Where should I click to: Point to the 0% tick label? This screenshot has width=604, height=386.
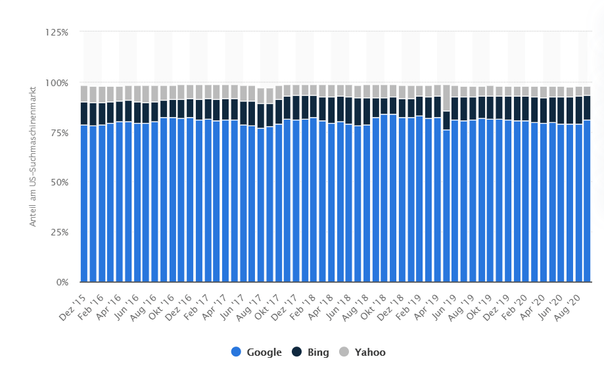[61, 282]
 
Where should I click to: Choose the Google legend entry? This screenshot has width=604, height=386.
[257, 352]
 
